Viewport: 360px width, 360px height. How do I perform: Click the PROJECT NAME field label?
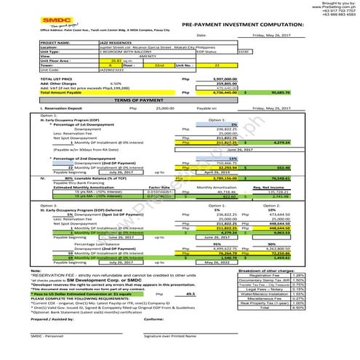click(57, 44)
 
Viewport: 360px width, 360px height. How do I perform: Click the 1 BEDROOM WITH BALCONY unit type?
click(124, 52)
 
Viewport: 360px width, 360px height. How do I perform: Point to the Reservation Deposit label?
click(66, 107)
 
